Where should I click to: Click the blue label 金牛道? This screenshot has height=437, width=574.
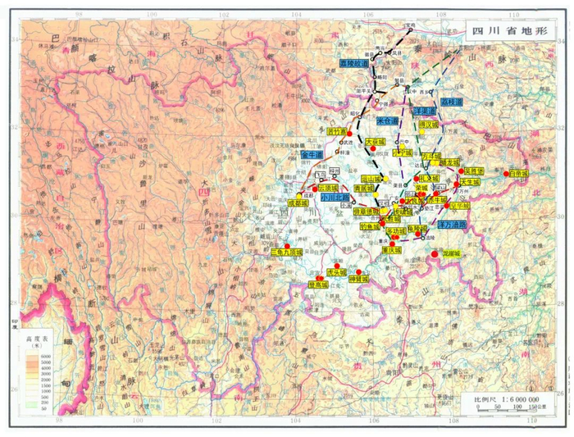click(312, 154)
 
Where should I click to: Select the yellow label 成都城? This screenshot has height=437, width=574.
click(301, 203)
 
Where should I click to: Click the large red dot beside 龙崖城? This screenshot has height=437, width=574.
click(435, 254)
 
